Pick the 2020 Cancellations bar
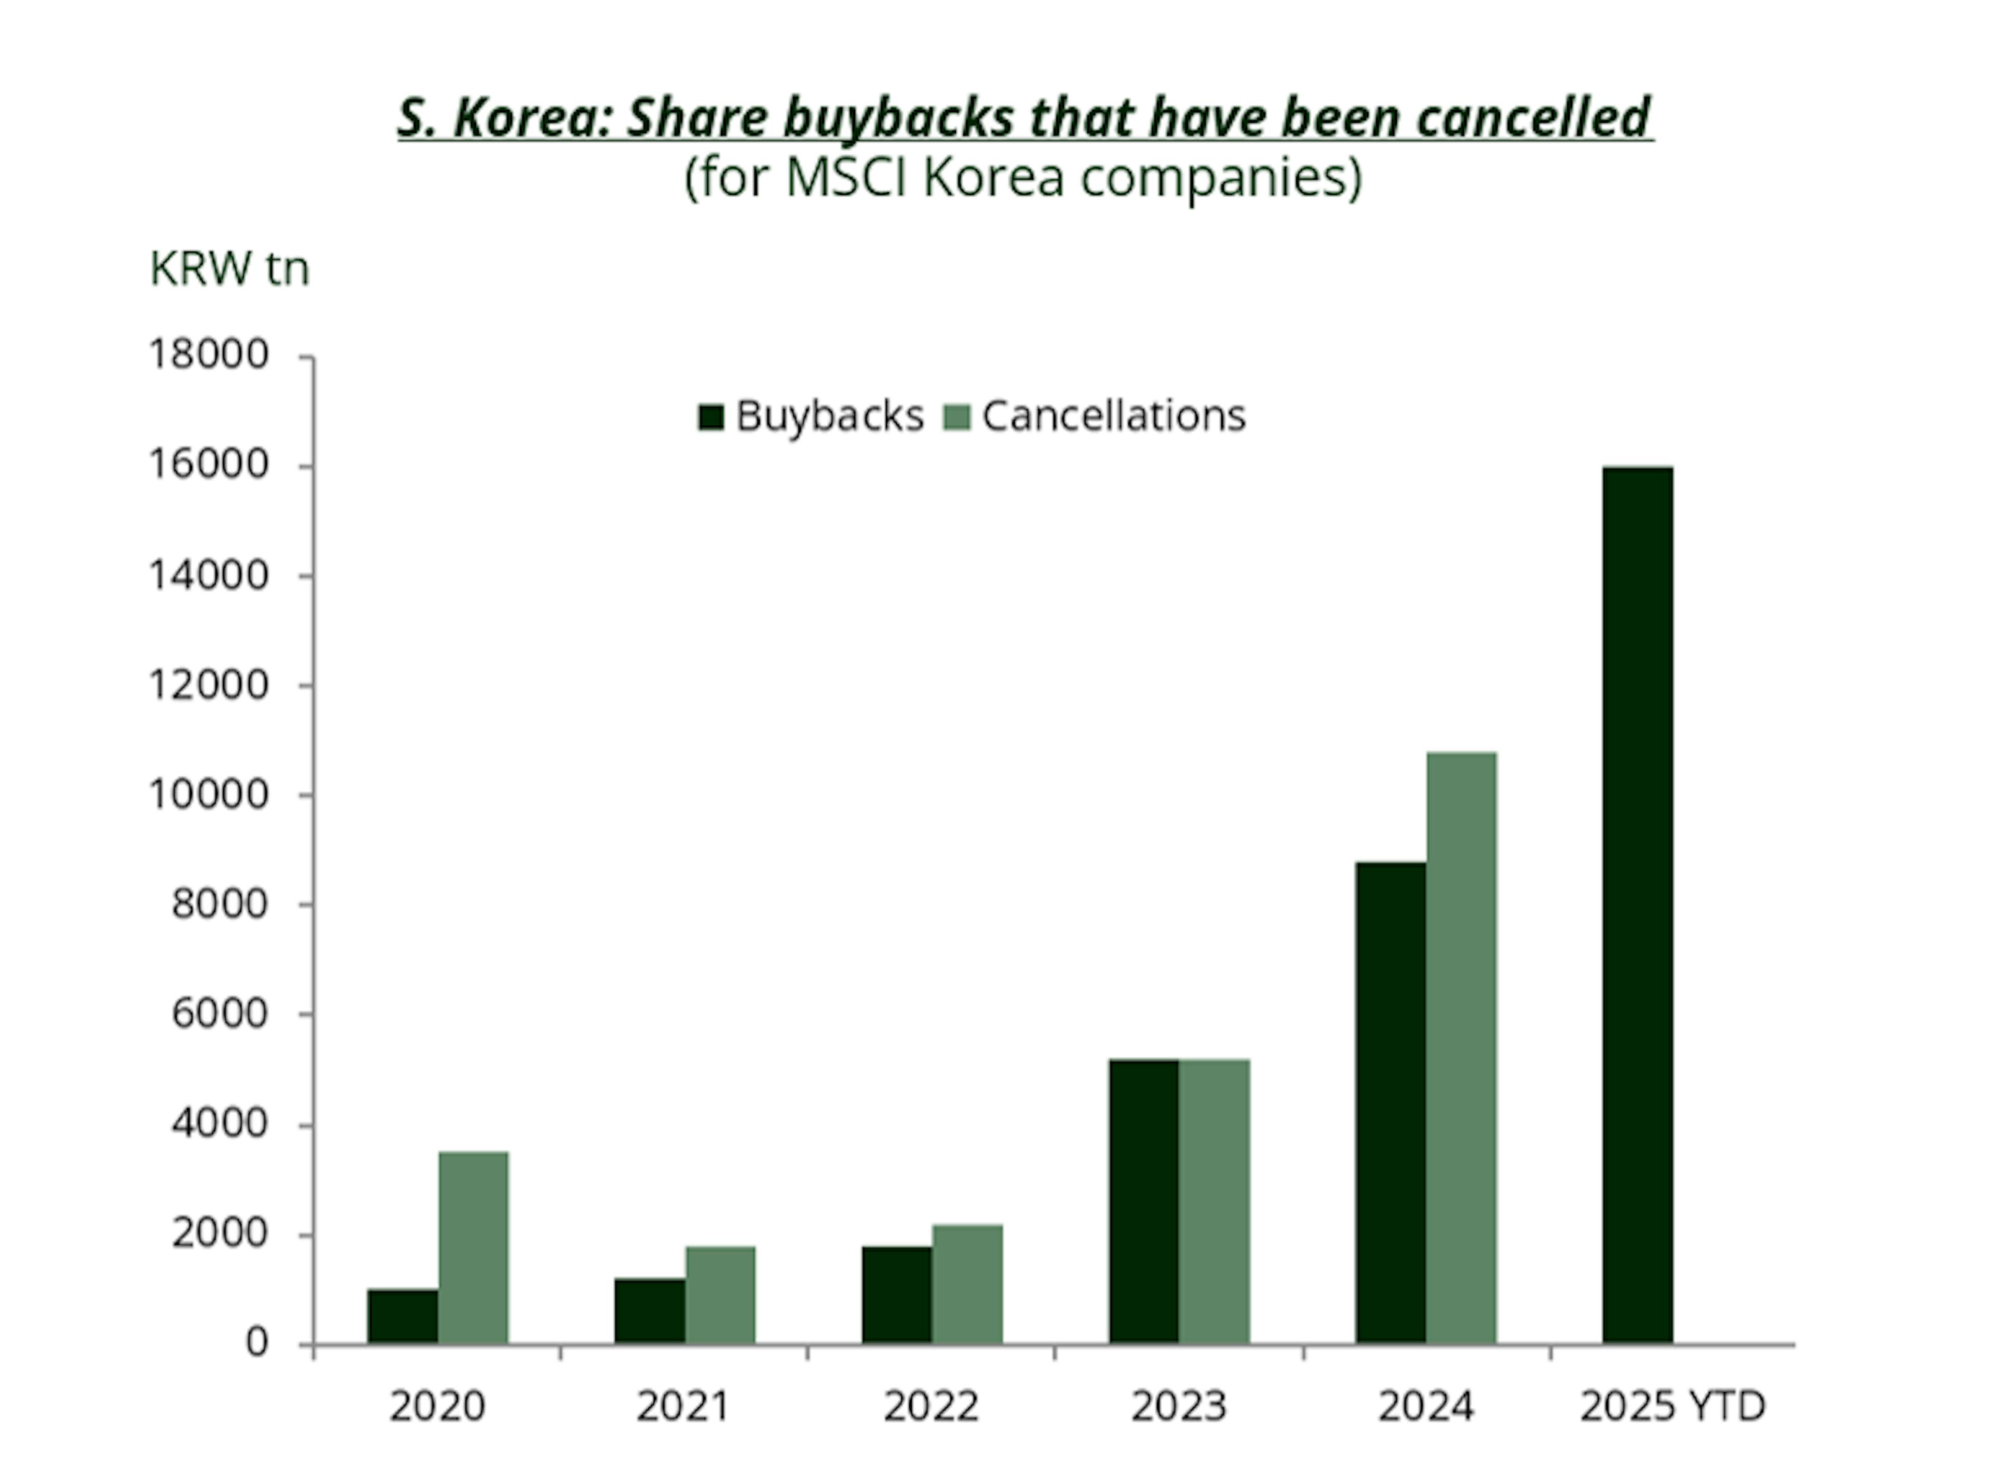tap(474, 1248)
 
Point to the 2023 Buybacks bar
tap(1143, 1202)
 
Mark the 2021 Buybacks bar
tap(650, 1311)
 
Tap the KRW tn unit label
tap(229, 268)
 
